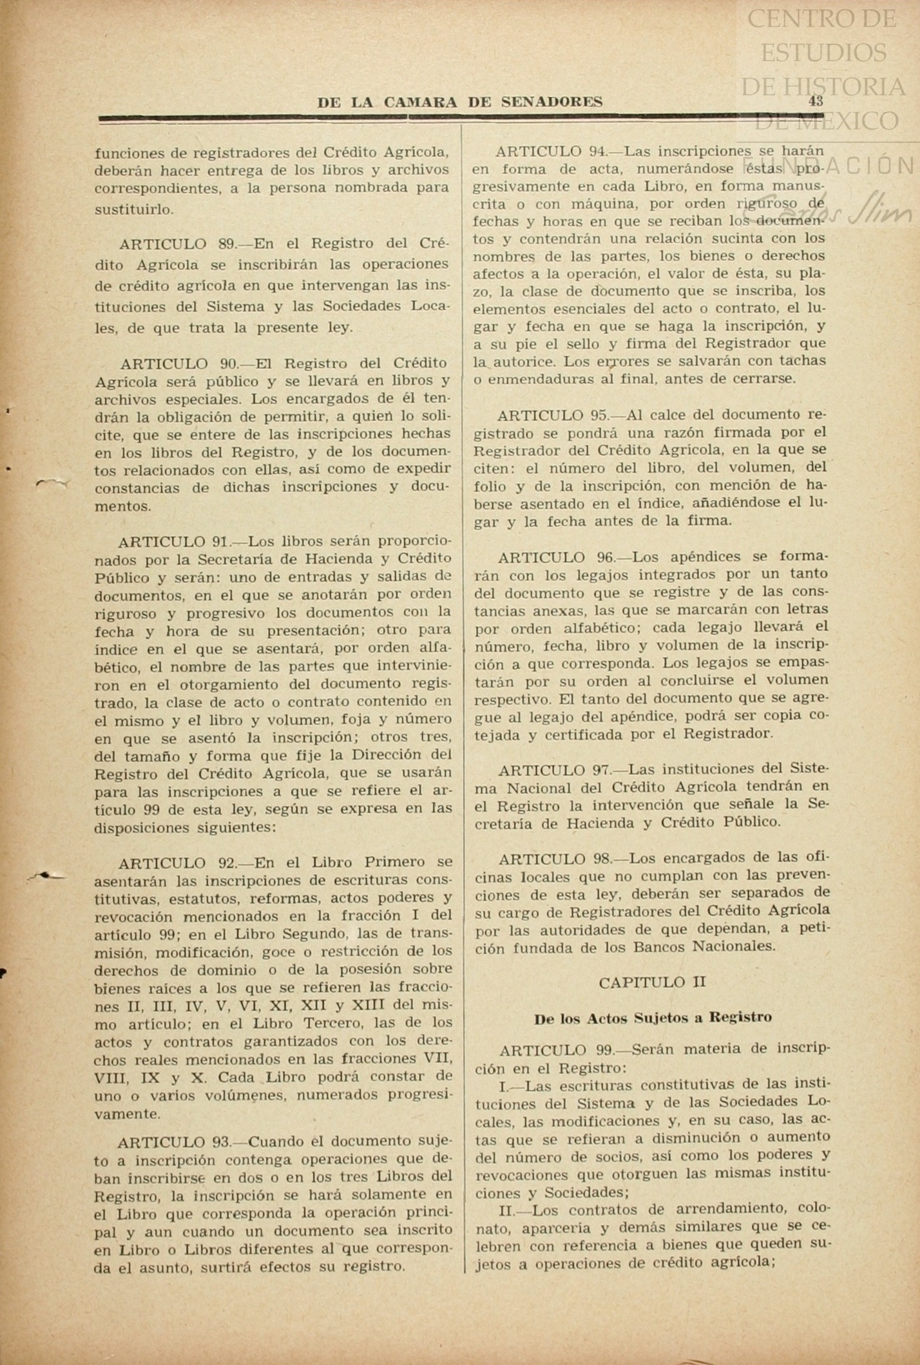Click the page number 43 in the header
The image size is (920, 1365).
(x=816, y=100)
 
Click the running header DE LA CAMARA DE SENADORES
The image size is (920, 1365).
(x=460, y=102)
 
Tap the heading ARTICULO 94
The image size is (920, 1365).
(x=551, y=151)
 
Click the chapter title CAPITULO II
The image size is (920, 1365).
(x=652, y=982)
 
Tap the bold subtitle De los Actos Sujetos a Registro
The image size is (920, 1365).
(x=652, y=1018)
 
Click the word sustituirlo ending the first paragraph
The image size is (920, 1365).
(x=134, y=209)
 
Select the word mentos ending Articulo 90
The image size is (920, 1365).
(x=123, y=506)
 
